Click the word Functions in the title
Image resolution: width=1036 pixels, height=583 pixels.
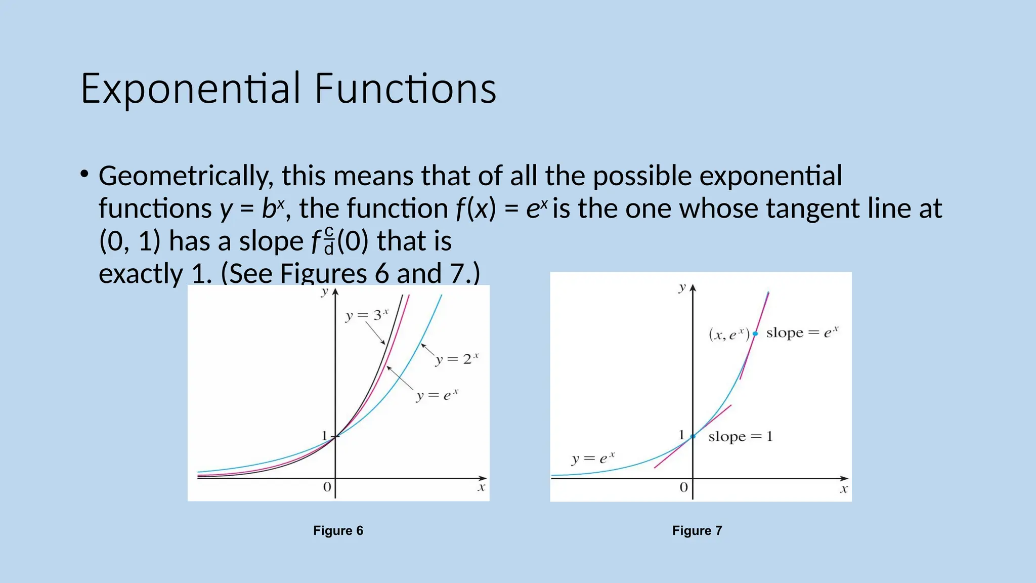(405, 89)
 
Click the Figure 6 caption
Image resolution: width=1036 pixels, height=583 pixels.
(338, 530)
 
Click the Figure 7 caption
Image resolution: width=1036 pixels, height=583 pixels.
(697, 530)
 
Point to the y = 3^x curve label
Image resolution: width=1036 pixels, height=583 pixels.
(366, 315)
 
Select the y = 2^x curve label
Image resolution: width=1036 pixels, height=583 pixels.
(456, 359)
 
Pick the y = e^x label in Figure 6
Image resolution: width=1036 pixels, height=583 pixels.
(437, 395)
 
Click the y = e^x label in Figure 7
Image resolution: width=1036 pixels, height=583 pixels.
(593, 459)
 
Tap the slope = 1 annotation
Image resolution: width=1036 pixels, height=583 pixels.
(740, 436)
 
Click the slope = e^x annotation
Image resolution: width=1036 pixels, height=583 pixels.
(802, 332)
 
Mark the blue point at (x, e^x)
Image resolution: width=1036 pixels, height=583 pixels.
(755, 334)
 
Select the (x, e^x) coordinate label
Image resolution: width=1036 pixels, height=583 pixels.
(728, 335)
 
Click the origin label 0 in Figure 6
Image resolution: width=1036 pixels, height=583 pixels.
(327, 487)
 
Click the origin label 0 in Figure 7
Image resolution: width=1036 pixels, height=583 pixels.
(683, 487)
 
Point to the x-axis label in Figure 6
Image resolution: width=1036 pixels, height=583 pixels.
(481, 487)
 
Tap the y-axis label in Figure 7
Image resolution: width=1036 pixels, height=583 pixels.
(682, 287)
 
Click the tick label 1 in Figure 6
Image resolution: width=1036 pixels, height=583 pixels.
(325, 435)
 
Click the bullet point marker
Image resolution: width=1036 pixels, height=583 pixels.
(84, 175)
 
